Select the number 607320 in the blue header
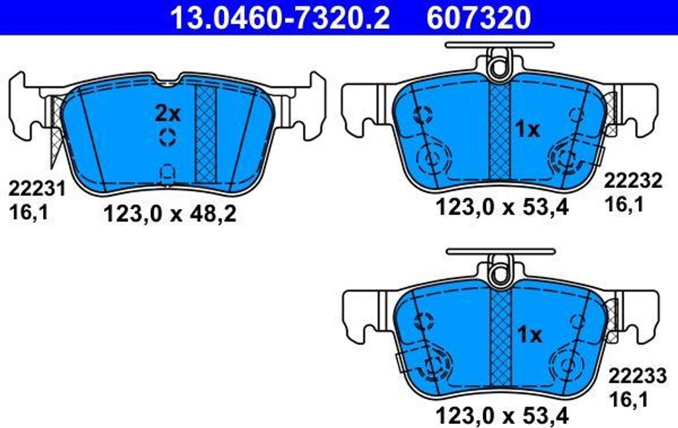pos(478,18)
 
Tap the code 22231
pos(37,189)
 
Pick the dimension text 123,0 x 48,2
pos(170,214)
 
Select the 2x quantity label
pos(168,114)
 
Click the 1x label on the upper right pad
pos(527,130)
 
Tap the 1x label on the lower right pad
pos(529,335)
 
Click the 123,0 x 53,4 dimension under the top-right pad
pos(502,208)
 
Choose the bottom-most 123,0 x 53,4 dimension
pos(502,415)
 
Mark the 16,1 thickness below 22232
pos(624,205)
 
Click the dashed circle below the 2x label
pos(168,139)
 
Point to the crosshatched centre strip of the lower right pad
pos(501,337)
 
